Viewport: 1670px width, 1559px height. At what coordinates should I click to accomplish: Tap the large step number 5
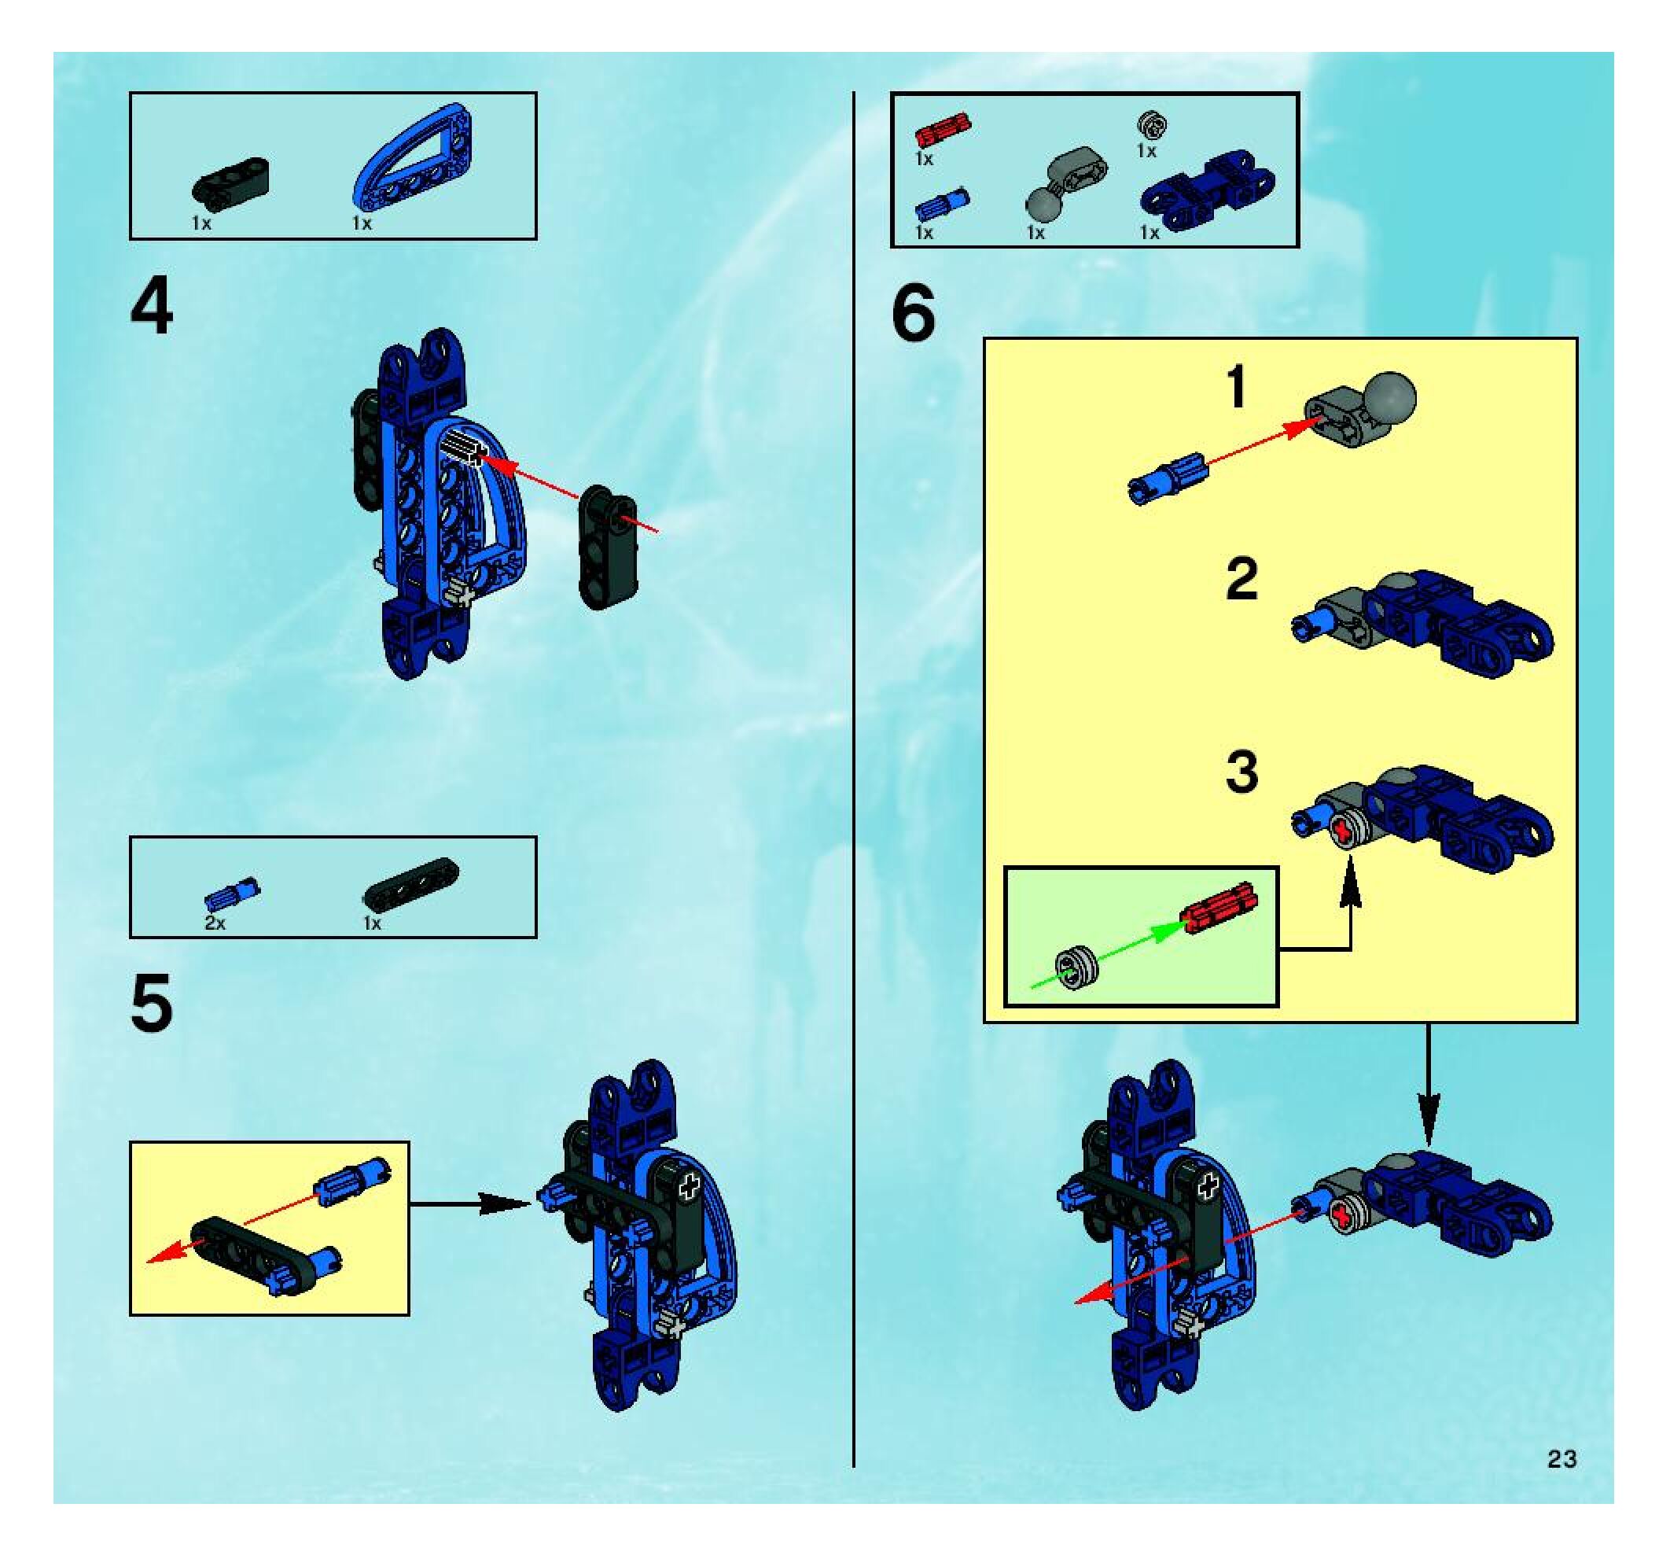pos(152,1004)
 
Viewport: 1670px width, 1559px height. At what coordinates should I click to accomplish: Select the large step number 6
pos(913,315)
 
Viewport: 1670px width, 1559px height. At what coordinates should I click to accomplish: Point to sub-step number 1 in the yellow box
pos(1236,389)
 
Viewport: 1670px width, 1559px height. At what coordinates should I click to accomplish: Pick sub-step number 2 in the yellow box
pos(1241,579)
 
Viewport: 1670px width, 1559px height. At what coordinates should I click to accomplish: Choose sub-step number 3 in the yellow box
pos(1241,772)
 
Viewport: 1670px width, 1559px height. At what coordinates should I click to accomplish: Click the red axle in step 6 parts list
pos(943,131)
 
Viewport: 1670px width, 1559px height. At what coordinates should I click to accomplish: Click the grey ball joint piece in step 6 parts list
pos(1065,180)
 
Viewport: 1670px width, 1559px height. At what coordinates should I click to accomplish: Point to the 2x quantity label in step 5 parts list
pos(215,923)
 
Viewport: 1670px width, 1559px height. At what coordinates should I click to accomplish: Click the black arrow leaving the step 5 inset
pos(470,1204)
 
